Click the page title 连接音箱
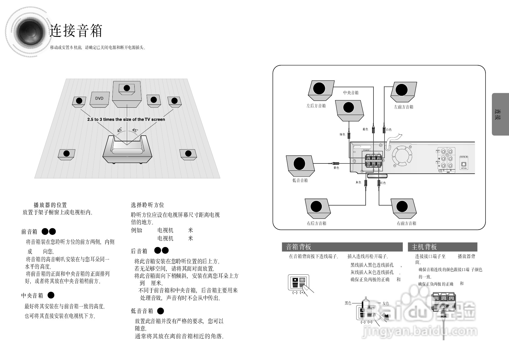click(x=76, y=31)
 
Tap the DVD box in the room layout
click(x=99, y=99)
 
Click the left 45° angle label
click(x=120, y=130)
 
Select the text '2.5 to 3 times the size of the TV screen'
click(x=126, y=119)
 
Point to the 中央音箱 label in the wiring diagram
click(x=351, y=93)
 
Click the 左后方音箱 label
click(x=316, y=106)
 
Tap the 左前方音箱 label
click(x=403, y=107)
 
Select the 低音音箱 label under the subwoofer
click(x=300, y=180)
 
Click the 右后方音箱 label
click(x=317, y=223)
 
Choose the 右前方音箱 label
click(x=406, y=223)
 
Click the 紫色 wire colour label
click(x=336, y=168)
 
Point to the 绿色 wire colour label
click(x=342, y=134)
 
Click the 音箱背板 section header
click(x=299, y=247)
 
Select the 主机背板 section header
click(x=424, y=247)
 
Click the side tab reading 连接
click(x=500, y=114)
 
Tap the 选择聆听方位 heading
click(x=147, y=205)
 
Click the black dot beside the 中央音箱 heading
click(x=51, y=295)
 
